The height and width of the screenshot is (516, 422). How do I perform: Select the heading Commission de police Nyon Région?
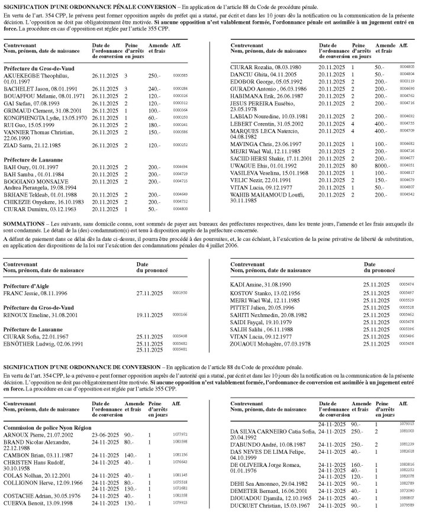click(x=44, y=411)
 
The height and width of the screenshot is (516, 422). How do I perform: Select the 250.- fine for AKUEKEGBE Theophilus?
click(x=154, y=76)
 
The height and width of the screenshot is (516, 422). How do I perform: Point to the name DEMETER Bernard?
click(x=257, y=491)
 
